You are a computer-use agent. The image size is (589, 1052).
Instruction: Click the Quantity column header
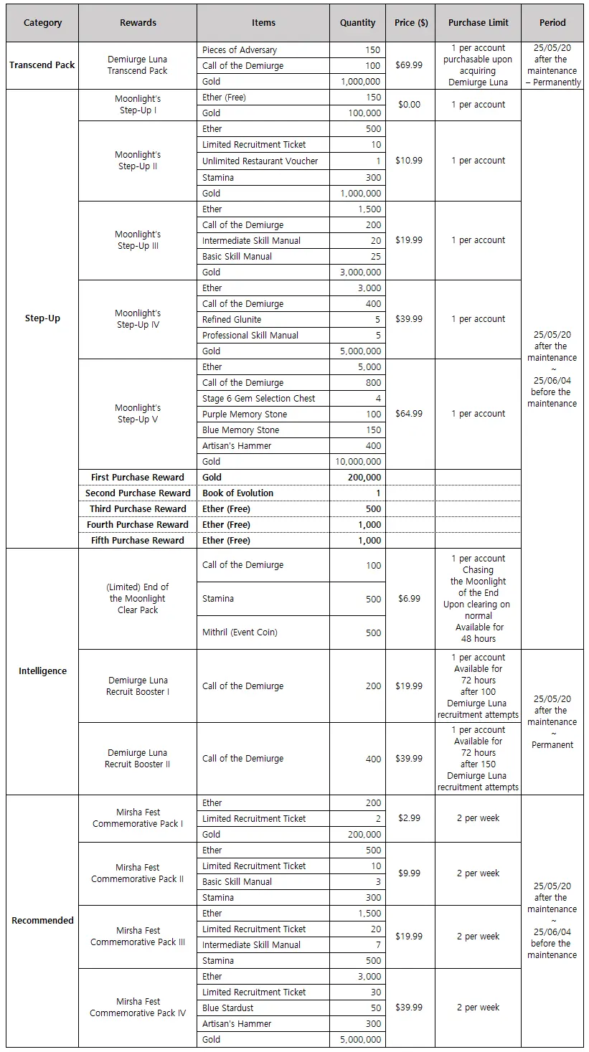point(357,23)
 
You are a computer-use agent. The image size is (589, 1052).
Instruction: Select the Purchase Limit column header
point(478,23)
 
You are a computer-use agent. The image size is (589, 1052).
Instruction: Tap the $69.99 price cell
point(409,65)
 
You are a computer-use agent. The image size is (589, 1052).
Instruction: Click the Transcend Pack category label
point(42,65)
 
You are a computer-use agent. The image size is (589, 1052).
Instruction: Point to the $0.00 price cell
point(409,105)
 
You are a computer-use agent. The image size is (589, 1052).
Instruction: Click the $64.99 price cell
point(409,414)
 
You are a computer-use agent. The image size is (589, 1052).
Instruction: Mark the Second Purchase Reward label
point(138,493)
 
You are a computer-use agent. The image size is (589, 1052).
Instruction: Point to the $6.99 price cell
point(409,599)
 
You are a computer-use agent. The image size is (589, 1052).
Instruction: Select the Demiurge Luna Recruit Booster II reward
point(138,759)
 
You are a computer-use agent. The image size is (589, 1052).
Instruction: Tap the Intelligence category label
point(42,671)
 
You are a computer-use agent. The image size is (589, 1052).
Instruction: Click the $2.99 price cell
point(409,818)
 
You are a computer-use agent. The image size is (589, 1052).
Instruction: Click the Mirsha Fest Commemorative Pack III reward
point(138,937)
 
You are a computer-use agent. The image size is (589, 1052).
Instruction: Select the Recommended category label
point(42,921)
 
